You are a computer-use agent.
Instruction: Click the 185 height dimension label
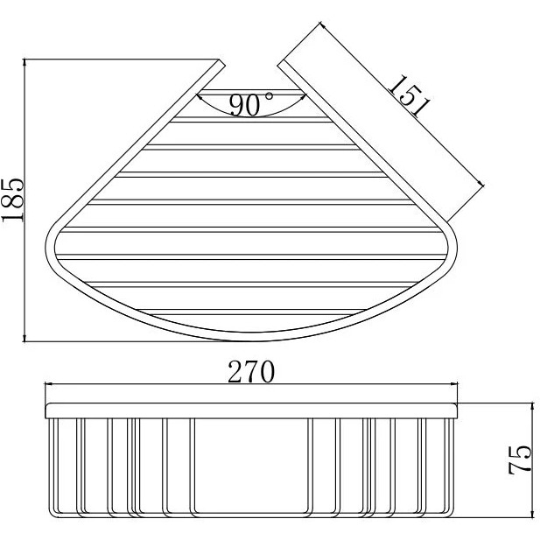pos(13,200)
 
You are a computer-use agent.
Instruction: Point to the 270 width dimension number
pos(251,372)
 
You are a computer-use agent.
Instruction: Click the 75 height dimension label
pos(520,460)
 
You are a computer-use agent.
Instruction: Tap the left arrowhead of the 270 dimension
pos(49,383)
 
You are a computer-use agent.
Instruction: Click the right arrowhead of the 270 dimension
pos(454,383)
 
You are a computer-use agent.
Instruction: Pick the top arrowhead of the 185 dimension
pos(25,63)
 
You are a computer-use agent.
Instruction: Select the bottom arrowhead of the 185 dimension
pos(25,338)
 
